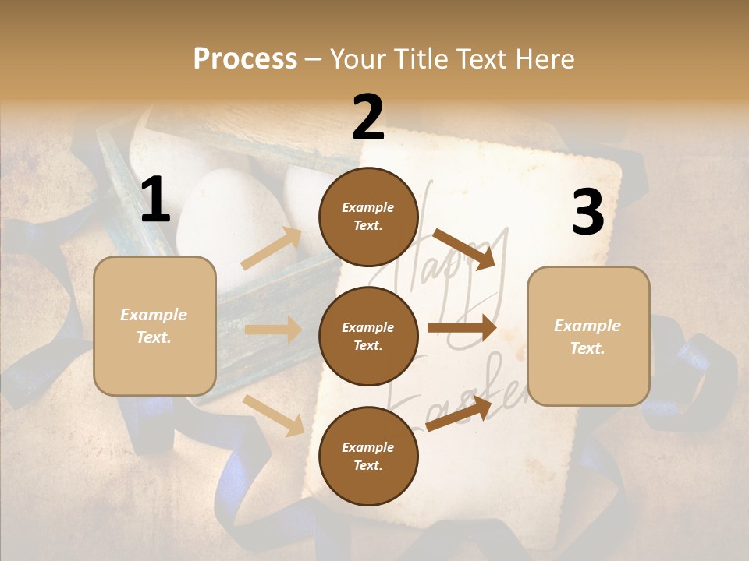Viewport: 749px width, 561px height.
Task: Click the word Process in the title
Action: tap(245, 59)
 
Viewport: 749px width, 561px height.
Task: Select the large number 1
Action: tap(155, 200)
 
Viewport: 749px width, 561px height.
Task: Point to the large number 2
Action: tap(368, 118)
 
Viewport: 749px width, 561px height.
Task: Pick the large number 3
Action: tap(587, 213)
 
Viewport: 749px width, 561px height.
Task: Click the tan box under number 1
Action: tap(154, 326)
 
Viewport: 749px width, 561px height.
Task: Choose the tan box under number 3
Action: tap(588, 336)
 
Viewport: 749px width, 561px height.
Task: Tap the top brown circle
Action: tap(368, 217)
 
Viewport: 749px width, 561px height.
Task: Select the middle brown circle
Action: tap(368, 336)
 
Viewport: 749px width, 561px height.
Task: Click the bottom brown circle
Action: tap(368, 456)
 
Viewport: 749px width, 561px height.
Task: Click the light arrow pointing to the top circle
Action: tap(272, 249)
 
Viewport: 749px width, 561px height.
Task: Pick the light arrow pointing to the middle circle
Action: tap(273, 330)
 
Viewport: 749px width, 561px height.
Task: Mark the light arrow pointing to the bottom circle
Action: tap(274, 415)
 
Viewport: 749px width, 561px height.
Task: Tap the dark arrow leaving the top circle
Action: tap(465, 249)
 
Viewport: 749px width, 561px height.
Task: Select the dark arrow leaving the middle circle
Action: tap(462, 328)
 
